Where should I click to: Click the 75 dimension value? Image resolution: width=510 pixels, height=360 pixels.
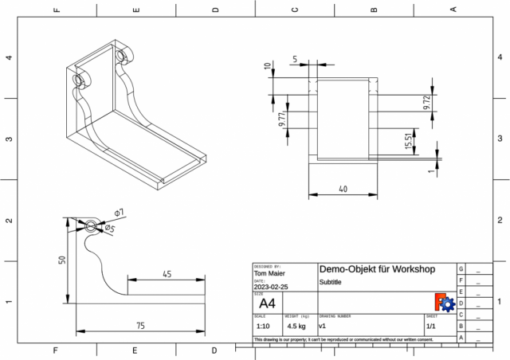tap(139, 325)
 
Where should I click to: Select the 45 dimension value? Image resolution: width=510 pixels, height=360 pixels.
tap(167, 273)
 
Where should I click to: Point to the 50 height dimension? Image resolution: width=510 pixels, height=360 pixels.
tap(61, 260)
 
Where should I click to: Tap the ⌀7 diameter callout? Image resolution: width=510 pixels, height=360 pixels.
tap(119, 213)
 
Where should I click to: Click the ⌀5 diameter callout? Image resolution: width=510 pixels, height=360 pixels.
tap(110, 229)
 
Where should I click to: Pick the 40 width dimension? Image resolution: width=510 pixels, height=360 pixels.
tap(343, 189)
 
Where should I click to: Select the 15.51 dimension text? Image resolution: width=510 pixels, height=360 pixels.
tap(408, 142)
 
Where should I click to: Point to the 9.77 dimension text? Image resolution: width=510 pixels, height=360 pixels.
tap(282, 121)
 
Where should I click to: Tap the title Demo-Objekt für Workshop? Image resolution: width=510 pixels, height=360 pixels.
tap(376, 269)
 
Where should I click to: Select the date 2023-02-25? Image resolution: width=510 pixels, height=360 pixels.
tap(272, 287)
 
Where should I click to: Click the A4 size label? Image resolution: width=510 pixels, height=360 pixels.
tap(267, 303)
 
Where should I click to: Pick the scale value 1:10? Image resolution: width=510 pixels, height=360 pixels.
tap(262, 327)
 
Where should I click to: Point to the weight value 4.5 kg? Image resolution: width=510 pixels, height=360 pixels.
tap(296, 327)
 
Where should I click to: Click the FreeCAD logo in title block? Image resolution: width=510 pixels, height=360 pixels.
tap(444, 302)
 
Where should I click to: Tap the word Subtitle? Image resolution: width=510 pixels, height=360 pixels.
tap(331, 283)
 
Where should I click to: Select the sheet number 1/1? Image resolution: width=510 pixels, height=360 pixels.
tap(430, 327)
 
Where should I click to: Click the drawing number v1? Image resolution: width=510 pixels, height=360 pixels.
tap(322, 327)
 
